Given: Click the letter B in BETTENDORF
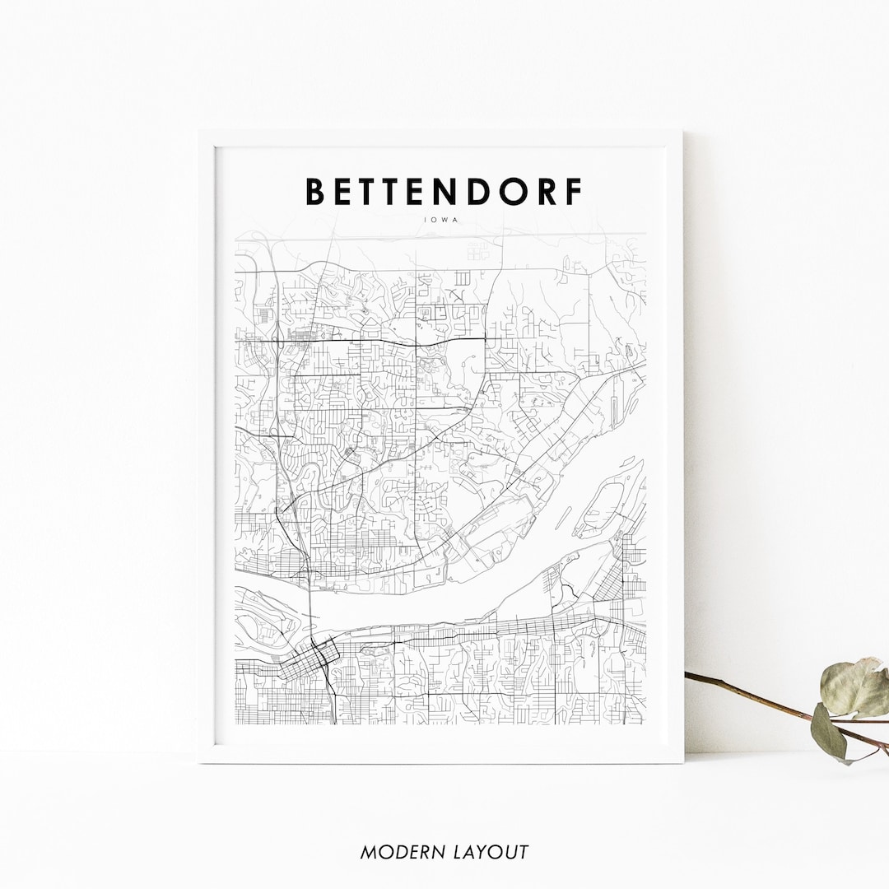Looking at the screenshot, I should coord(315,191).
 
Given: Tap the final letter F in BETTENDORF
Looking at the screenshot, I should coord(573,191).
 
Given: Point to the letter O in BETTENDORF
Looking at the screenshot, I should coord(512,191).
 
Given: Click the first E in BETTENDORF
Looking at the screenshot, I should coord(346,191).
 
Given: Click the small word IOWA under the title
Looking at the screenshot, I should coord(444,220).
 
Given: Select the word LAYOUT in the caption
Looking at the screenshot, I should coord(491,852).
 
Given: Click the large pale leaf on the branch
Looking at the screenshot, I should coord(854,688).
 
